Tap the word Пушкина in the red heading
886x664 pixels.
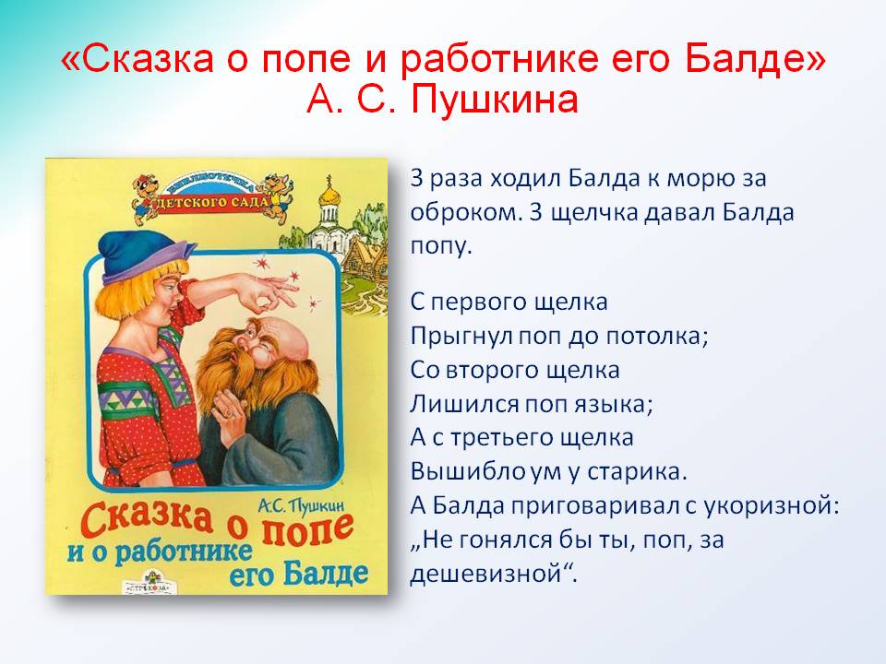coord(495,100)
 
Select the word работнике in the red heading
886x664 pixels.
coord(499,61)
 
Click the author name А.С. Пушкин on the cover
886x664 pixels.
coord(301,504)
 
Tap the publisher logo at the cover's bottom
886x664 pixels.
coord(152,582)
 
